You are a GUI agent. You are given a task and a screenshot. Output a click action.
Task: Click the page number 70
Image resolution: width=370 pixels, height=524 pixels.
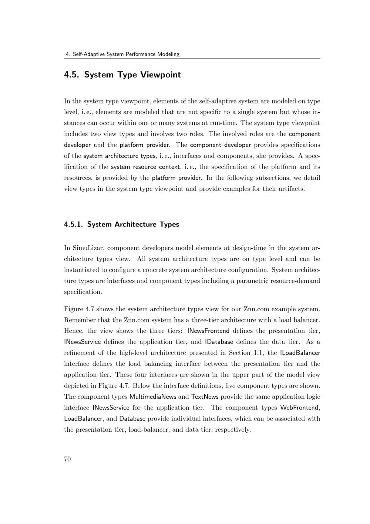[67, 459]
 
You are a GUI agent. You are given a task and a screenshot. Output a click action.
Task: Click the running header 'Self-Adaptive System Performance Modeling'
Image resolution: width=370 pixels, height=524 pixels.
[126, 54]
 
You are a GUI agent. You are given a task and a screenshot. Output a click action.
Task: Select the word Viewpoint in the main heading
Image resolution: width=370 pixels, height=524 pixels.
[161, 75]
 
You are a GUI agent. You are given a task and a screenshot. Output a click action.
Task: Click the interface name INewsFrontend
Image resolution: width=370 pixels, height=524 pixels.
[208, 331]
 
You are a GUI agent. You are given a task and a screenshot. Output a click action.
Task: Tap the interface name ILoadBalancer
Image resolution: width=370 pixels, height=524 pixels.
[300, 352]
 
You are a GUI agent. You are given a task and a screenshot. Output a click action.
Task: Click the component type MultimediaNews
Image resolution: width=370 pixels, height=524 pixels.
[153, 397]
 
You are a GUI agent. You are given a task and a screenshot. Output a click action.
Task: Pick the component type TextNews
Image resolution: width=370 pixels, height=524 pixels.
[205, 397]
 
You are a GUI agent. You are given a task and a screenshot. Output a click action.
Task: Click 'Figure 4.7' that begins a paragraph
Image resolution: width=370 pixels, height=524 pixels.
[78, 309]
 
